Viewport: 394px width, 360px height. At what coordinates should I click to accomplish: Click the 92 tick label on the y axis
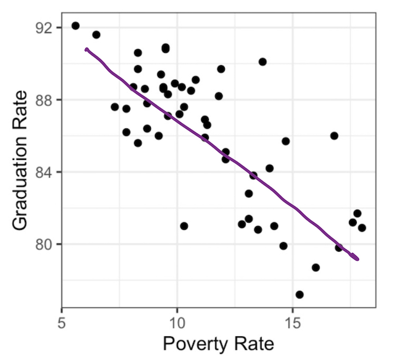[45, 28]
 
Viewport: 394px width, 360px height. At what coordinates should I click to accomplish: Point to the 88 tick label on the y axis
[45, 99]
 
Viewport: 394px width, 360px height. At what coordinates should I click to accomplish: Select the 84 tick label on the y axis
[45, 172]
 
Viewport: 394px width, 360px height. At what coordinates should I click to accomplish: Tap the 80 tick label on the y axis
[45, 244]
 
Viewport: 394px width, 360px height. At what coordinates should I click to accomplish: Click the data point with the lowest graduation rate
[299, 294]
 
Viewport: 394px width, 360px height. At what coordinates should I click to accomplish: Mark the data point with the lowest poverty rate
[75, 25]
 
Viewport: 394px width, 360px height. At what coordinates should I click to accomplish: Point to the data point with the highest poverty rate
[362, 227]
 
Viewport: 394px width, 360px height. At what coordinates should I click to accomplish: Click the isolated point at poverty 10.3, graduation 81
[184, 226]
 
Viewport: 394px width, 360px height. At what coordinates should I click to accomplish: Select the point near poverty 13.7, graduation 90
[263, 62]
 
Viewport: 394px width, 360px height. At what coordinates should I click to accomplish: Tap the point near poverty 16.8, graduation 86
[334, 136]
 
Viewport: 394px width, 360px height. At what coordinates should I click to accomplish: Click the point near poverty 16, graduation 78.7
[316, 267]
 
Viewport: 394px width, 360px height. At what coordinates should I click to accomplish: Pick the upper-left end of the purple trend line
[86, 50]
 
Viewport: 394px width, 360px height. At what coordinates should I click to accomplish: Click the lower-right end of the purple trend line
[357, 259]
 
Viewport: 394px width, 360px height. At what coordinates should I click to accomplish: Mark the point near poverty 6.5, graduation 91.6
[96, 35]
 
